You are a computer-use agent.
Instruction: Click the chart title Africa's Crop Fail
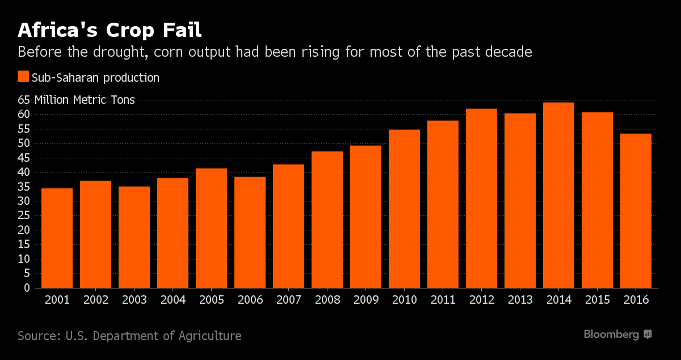tap(110, 30)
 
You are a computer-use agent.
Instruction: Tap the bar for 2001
tap(57, 238)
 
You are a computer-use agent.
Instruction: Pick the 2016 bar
tap(636, 211)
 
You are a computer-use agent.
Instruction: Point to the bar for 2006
tap(250, 232)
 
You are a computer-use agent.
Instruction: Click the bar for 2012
tap(481, 198)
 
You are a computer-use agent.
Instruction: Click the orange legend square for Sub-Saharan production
tap(23, 77)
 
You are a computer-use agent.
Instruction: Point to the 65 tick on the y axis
tap(23, 100)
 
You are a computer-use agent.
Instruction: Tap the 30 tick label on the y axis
tap(23, 201)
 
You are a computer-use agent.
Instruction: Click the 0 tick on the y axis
tap(26, 288)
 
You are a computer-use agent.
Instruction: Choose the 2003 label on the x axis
tap(134, 300)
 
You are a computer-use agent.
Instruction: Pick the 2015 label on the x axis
tap(597, 300)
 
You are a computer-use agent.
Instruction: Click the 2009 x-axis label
tap(365, 300)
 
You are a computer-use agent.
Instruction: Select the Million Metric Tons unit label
tap(85, 100)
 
